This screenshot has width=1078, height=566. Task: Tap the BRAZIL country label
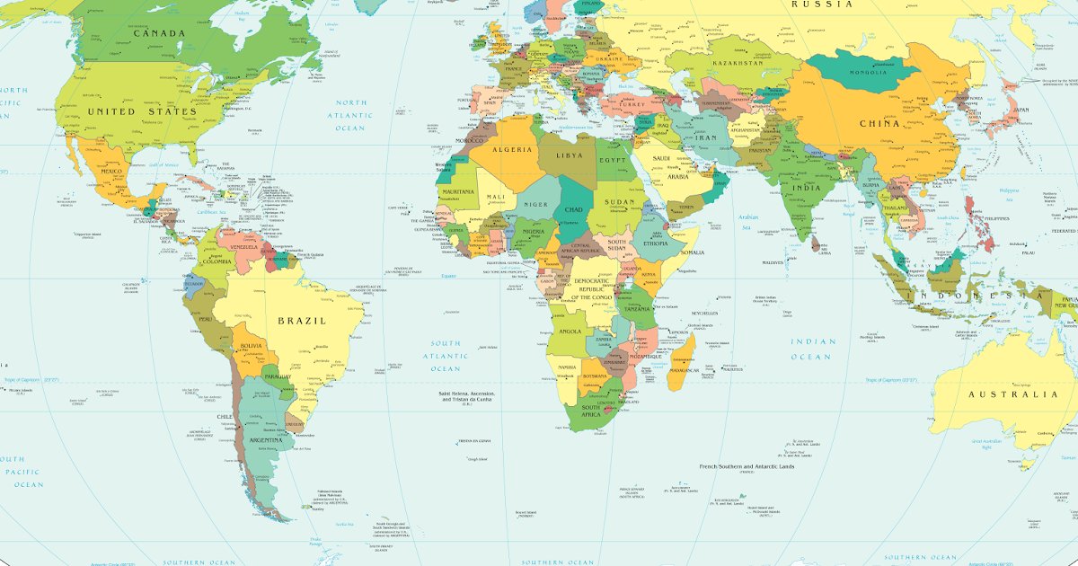(x=301, y=321)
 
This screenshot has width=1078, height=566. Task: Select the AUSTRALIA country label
(x=1012, y=394)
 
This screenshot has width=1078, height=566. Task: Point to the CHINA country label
(x=879, y=124)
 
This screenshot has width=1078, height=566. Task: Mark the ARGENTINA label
(x=265, y=440)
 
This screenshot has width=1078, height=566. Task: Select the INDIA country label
(x=807, y=188)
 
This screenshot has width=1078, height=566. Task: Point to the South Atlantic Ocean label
(x=445, y=356)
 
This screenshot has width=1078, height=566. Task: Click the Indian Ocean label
(x=813, y=349)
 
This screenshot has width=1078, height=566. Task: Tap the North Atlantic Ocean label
(x=351, y=115)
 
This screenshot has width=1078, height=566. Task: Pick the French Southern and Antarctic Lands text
(x=747, y=466)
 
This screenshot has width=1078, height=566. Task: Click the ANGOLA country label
(x=570, y=331)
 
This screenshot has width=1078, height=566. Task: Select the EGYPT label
(x=614, y=160)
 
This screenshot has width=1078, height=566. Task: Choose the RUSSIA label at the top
(x=822, y=4)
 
